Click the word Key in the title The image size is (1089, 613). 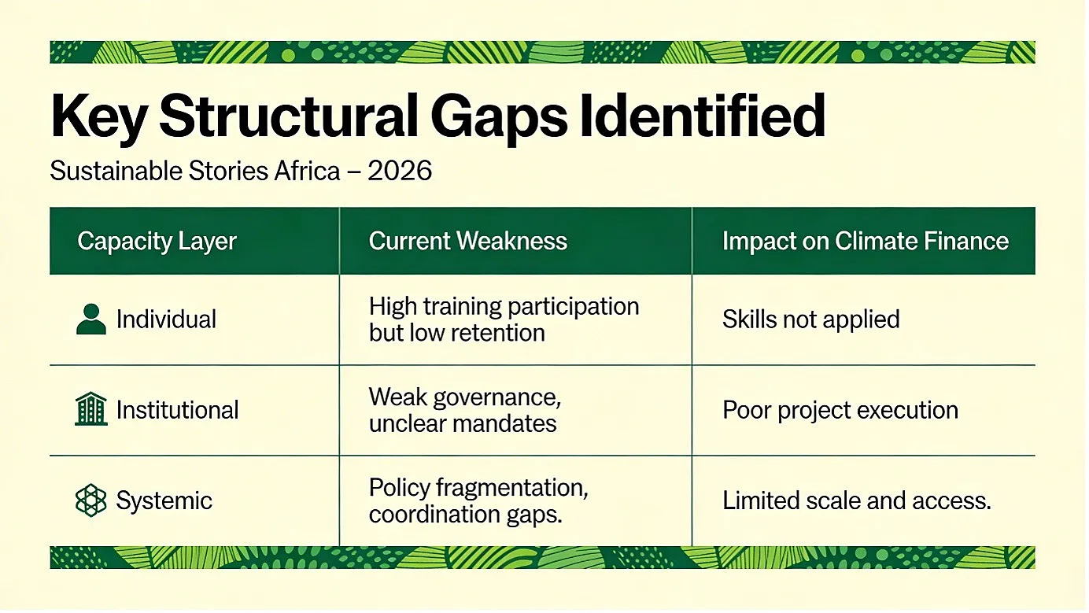(x=99, y=117)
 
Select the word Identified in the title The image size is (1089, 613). (x=703, y=116)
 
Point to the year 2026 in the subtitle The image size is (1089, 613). (x=400, y=171)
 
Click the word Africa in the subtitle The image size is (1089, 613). (x=307, y=171)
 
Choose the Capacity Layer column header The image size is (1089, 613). (x=157, y=241)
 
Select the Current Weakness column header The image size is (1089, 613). (x=467, y=241)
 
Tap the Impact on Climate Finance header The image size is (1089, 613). (x=866, y=241)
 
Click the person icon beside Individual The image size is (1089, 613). (x=91, y=319)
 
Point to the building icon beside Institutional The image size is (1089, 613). (x=91, y=409)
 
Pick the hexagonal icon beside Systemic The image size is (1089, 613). (x=91, y=500)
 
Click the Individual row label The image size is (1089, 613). (x=166, y=319)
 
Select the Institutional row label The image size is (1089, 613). (x=178, y=410)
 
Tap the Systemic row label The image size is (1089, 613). (x=164, y=501)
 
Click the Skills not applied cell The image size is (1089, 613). (x=811, y=319)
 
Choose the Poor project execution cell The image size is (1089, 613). (x=840, y=411)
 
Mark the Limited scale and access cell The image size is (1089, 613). (x=856, y=500)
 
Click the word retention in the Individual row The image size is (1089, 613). (x=493, y=333)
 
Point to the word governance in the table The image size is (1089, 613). (x=497, y=398)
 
